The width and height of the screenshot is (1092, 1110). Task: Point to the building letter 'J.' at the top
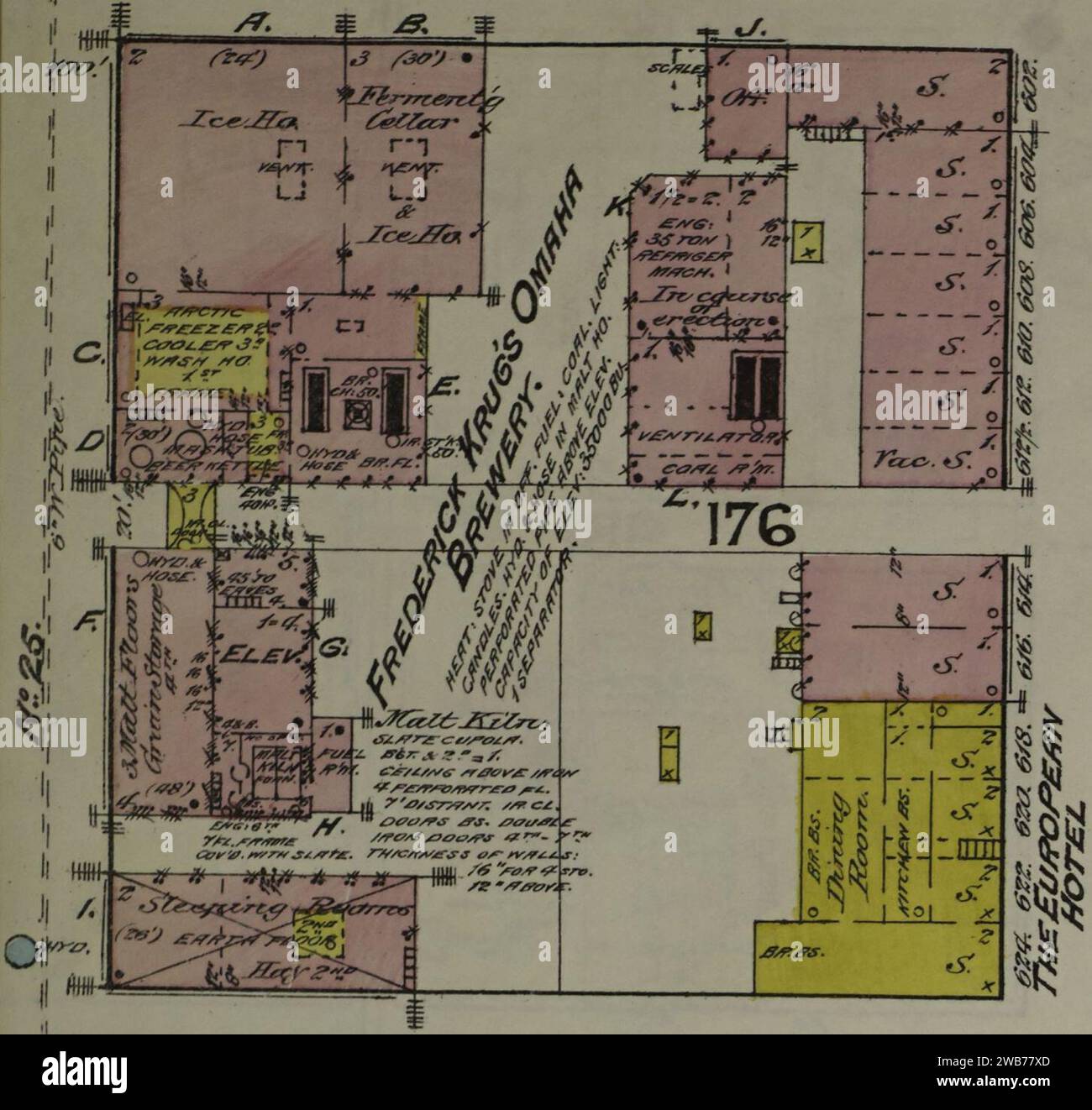[744, 29]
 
